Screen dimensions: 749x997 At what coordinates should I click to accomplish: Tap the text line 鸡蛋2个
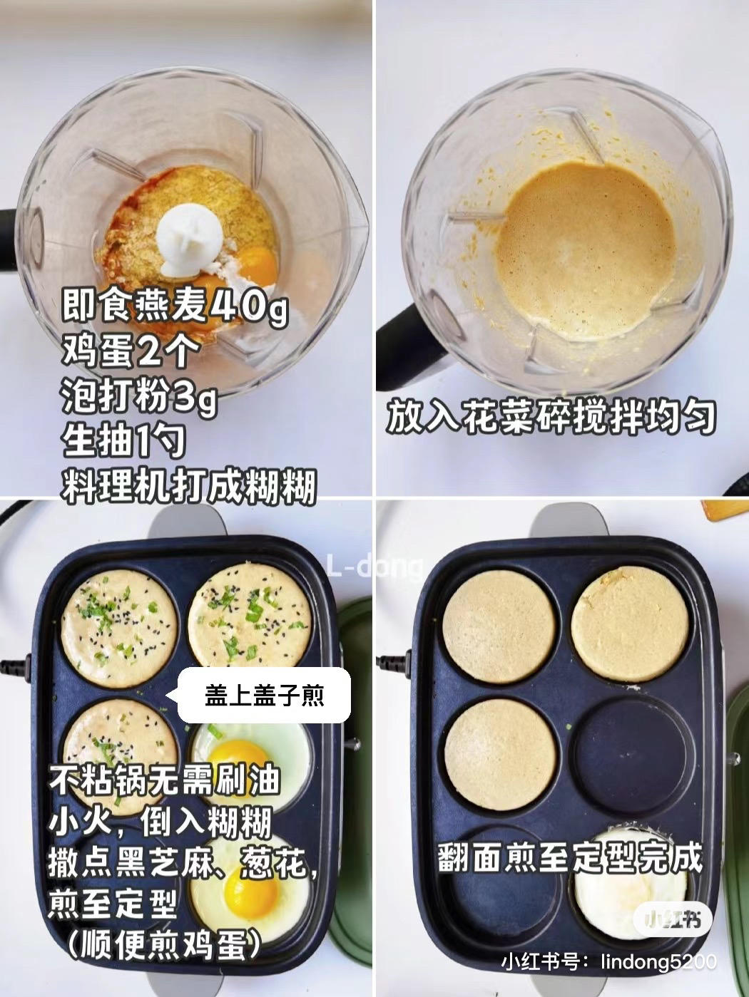click(131, 351)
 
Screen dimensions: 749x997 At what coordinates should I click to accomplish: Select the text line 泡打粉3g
click(139, 396)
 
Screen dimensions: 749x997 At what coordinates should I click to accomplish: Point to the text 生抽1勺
click(123, 440)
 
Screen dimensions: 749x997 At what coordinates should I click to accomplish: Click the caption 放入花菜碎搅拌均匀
click(551, 416)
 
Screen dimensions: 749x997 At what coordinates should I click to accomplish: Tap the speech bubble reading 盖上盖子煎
click(264, 696)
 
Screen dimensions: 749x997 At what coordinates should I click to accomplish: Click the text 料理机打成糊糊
click(188, 486)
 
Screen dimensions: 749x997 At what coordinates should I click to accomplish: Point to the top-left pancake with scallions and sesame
click(120, 629)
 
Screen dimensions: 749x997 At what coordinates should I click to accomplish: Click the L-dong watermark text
click(374, 567)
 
